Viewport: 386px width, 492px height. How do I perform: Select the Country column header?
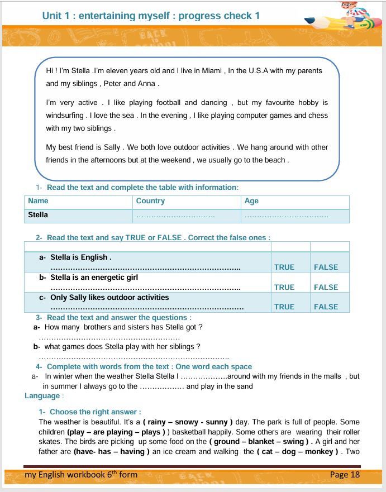pos(150,201)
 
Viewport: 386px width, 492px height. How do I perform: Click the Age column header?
pos(251,201)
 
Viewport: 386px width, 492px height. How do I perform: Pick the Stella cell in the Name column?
pos(38,215)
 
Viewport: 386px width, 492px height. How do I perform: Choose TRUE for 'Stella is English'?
pos(284,268)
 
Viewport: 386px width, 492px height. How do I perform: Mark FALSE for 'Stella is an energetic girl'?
pos(326,287)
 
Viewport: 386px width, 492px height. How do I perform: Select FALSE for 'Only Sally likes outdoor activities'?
pos(326,307)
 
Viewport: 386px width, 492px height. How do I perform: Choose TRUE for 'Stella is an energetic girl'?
pos(284,287)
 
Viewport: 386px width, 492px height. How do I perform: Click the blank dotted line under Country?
pos(175,216)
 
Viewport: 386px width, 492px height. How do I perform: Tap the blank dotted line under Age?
pos(286,216)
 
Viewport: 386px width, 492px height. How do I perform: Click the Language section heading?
pos(42,396)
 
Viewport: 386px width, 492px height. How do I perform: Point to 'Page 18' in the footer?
pos(345,475)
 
